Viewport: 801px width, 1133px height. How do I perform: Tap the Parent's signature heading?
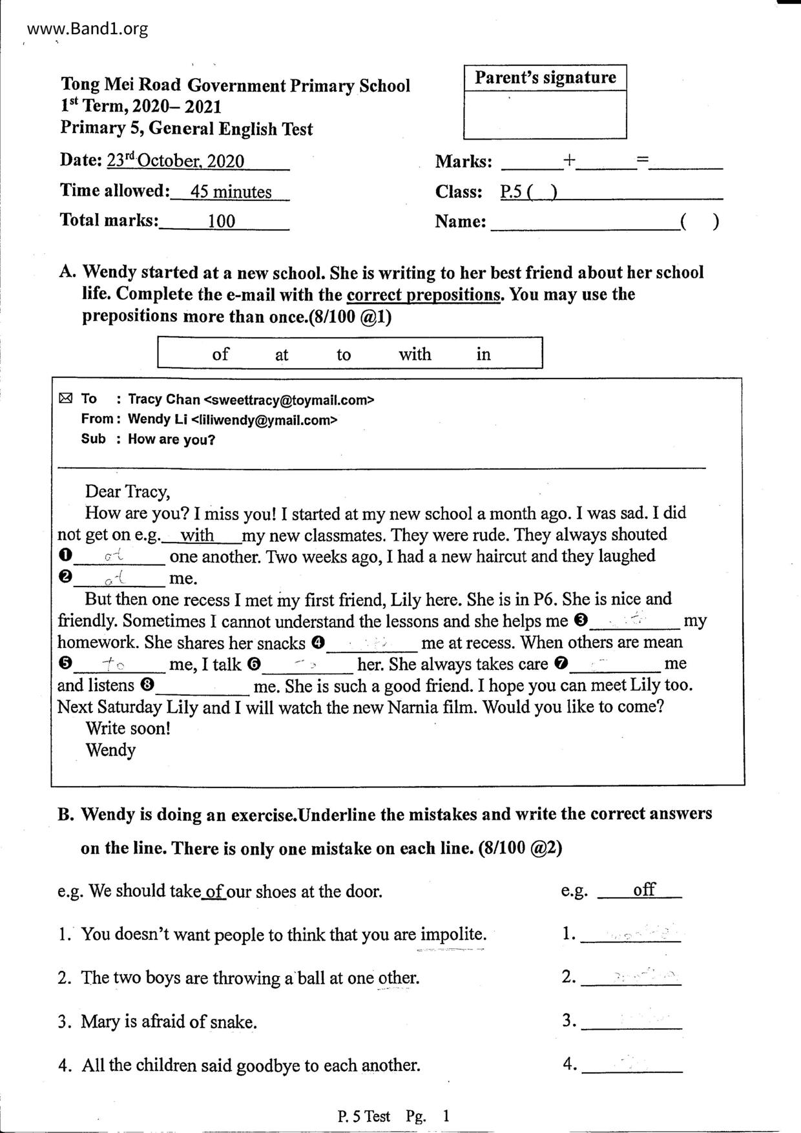pos(545,78)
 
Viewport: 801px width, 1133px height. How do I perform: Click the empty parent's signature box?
pos(545,115)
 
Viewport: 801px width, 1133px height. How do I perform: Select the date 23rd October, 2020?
pos(176,160)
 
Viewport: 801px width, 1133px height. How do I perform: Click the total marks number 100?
pos(222,222)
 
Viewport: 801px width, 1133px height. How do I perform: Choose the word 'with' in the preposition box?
pos(415,354)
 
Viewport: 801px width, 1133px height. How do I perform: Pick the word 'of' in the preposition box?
pos(220,354)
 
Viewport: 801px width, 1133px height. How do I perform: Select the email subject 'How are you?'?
pos(171,440)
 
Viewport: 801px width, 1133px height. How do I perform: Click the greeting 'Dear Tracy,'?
pos(128,492)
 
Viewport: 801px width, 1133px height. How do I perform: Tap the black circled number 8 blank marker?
pos(148,685)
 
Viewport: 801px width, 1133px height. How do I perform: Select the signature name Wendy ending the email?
pos(110,750)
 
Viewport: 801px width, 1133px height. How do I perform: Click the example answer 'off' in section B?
pos(644,889)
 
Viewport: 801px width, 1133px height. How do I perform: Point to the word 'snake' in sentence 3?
pos(232,1022)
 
